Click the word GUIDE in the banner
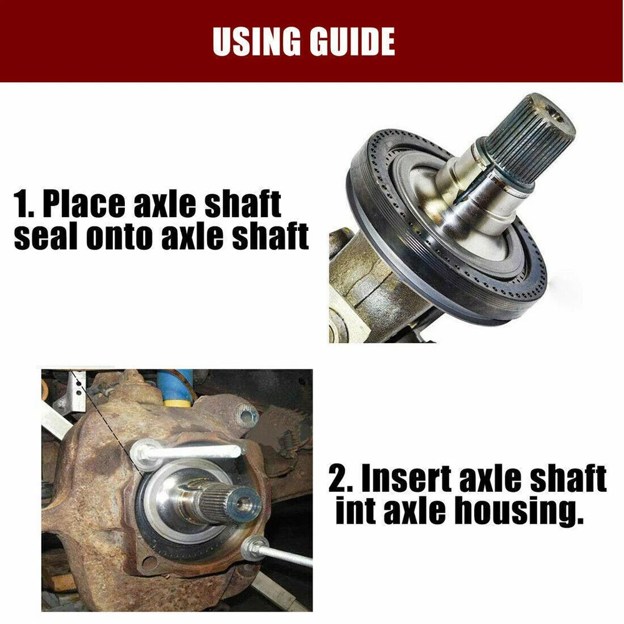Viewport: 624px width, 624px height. (353, 41)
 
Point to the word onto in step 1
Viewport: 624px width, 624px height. (119, 236)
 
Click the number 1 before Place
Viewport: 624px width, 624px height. (22, 204)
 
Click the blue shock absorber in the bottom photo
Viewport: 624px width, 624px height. (175, 388)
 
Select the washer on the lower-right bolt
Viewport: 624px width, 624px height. (254, 548)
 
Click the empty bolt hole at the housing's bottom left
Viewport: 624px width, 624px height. (149, 563)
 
